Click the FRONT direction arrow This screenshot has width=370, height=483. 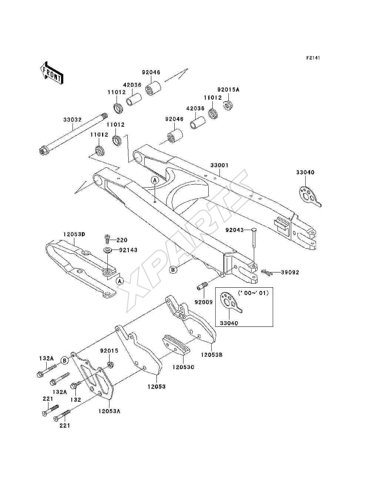(x=52, y=73)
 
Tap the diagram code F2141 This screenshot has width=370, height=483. (x=313, y=58)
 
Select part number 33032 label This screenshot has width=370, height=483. (x=73, y=120)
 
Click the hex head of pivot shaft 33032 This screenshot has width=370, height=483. (x=43, y=151)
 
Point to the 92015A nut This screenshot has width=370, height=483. (x=229, y=105)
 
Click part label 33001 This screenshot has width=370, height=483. (x=219, y=165)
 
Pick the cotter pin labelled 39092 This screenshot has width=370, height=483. (x=267, y=273)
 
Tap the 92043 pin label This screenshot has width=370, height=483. (x=234, y=230)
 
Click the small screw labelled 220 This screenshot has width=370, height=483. (x=107, y=239)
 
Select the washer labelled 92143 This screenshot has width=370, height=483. (x=108, y=250)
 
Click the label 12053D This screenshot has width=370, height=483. (x=74, y=234)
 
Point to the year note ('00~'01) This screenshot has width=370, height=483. (x=253, y=293)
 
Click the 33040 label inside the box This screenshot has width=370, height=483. (x=229, y=323)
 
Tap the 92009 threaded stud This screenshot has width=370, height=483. (x=201, y=286)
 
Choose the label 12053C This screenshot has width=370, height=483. (x=183, y=367)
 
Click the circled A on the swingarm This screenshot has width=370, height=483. (x=155, y=181)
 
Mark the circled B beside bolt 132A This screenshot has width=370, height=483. (x=65, y=360)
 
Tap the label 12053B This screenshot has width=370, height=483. (x=212, y=355)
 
